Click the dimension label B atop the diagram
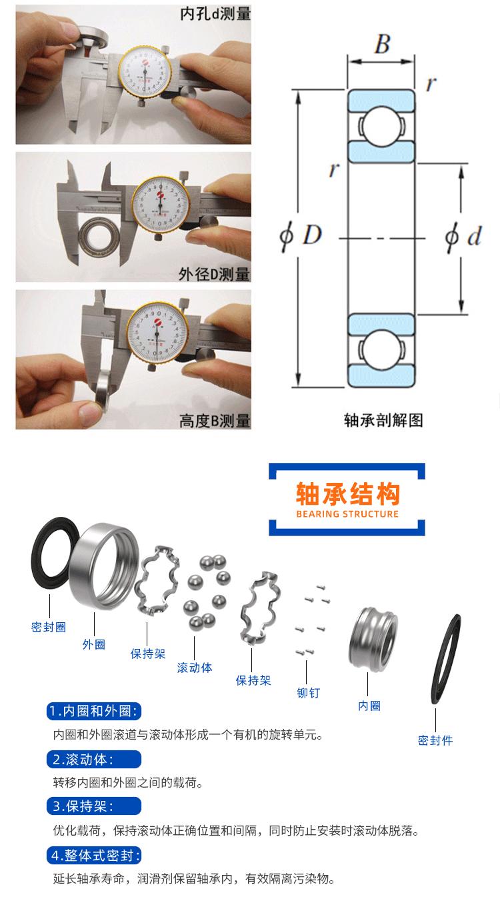pos(382,44)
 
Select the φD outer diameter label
pos(301,235)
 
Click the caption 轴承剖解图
pos(383,420)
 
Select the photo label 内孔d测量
pos(215,13)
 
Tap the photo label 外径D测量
pos(214,273)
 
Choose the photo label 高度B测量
pos(214,421)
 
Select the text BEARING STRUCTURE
pos(347,514)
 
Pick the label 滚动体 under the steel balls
pos(195,668)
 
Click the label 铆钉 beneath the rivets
pos(309,693)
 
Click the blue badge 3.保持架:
pos(94,806)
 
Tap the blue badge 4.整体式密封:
pos(94,856)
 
